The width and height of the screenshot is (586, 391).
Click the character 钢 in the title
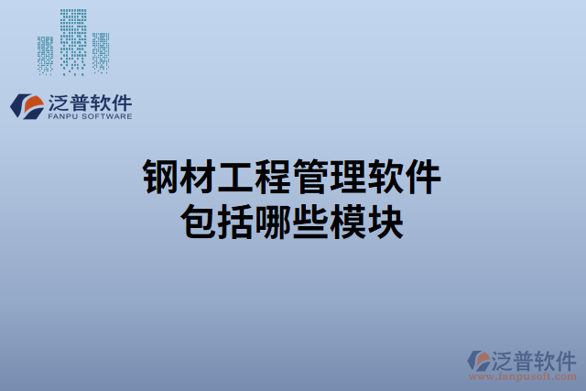[161, 177]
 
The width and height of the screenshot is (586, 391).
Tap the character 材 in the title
[199, 177]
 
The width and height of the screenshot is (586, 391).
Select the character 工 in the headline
[236, 177]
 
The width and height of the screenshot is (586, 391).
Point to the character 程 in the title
[274, 177]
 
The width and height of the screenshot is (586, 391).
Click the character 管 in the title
[311, 177]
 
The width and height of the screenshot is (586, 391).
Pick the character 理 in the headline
[349, 177]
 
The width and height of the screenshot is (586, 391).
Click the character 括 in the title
[236, 222]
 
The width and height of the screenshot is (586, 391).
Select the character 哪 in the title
[274, 222]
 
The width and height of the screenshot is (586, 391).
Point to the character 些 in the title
[311, 222]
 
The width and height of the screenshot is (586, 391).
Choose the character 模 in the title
[349, 222]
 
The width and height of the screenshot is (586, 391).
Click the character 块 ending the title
[386, 222]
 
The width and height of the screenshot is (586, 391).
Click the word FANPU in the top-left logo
[60, 116]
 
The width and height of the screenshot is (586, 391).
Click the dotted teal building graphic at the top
[73, 41]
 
